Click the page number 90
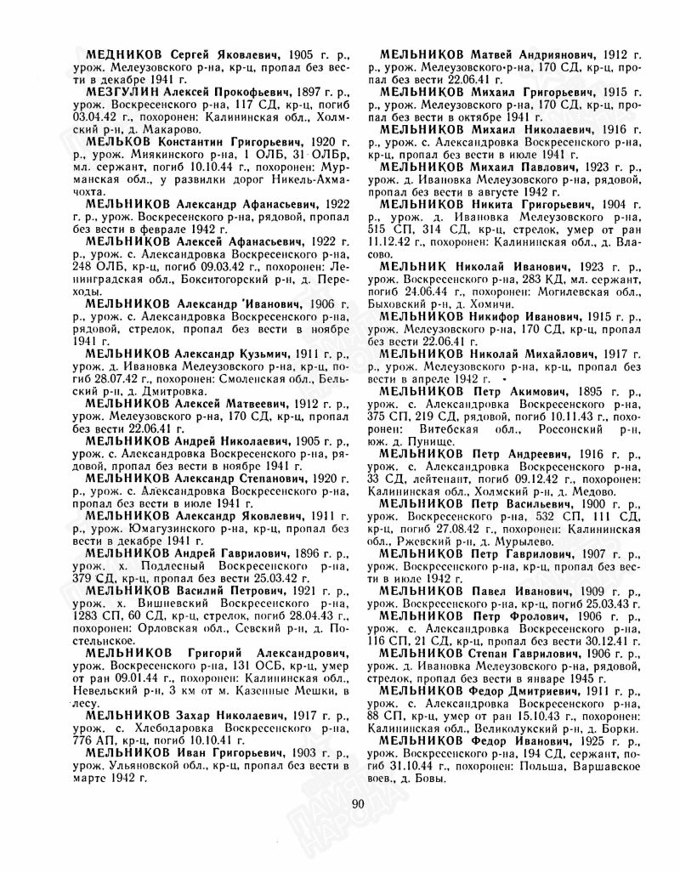357,805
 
